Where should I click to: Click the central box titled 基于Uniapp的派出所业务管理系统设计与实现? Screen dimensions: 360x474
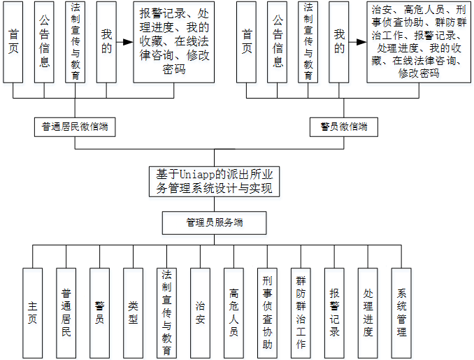[214, 180]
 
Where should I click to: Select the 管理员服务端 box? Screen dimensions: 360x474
[214, 223]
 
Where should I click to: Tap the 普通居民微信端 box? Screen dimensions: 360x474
[75, 127]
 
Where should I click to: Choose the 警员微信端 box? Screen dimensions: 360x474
[339, 127]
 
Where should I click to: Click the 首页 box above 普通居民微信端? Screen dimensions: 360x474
[14, 42]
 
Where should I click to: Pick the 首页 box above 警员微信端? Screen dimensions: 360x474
[247, 42]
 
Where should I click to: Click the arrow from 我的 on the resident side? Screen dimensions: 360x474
[124, 42]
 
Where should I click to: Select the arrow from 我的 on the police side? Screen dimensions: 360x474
[358, 42]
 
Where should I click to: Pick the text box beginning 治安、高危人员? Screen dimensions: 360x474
[418, 42]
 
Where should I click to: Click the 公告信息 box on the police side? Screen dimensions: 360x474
[278, 42]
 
